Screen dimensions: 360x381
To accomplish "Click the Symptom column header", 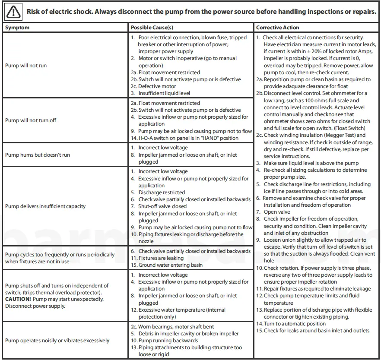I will click(17, 28).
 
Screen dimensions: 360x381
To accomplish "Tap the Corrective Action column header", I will click(278, 28).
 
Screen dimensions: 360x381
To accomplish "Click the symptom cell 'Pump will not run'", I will click(26, 66).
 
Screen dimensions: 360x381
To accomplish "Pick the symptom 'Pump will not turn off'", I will click(31, 120).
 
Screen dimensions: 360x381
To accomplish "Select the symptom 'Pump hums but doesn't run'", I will click(38, 155).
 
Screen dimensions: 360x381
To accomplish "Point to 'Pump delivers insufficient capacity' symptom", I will click(45, 206).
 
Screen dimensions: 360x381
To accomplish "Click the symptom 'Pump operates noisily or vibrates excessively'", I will click(57, 341).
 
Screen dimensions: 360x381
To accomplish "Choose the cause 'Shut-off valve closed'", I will click(162, 206).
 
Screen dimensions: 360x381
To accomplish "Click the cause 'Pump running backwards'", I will click(162, 341).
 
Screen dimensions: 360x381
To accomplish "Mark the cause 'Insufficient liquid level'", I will click(164, 93).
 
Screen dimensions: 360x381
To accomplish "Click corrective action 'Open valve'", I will click(276, 212).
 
